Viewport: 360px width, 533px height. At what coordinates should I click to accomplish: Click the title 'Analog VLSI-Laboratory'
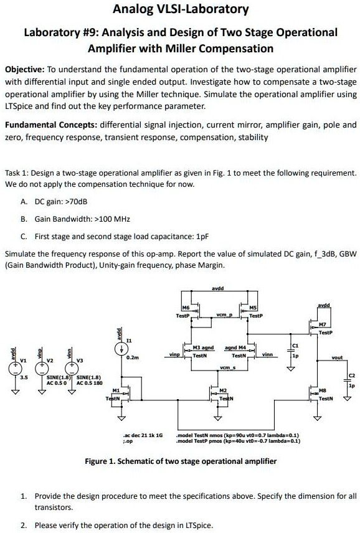point(181,9)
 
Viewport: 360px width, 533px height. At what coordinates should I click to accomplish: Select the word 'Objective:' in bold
point(26,70)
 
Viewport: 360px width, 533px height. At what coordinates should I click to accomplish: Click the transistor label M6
point(185,308)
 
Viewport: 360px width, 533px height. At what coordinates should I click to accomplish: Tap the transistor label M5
point(252,308)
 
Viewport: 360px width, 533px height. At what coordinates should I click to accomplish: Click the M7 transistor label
point(322,324)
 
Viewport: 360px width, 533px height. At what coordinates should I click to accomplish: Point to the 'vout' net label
point(337,358)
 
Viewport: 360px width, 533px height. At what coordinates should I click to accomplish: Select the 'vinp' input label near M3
point(174,354)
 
